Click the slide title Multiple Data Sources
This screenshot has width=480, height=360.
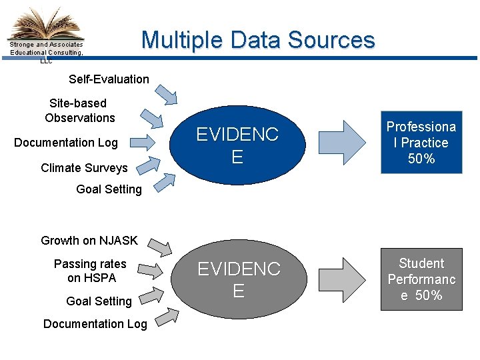tap(258, 40)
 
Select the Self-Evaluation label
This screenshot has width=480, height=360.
tap(109, 79)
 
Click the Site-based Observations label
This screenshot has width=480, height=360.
tap(79, 111)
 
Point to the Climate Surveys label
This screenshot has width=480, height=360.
tap(84, 168)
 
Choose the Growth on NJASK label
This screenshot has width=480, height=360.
tap(89, 241)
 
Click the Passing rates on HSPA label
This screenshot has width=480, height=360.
tap(90, 271)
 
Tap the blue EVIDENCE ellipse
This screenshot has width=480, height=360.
tap(237, 145)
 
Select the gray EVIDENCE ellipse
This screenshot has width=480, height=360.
tap(238, 279)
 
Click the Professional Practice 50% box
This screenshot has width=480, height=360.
tap(421, 143)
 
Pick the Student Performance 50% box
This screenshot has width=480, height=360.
tap(421, 279)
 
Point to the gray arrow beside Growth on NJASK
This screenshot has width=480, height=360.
tap(160, 246)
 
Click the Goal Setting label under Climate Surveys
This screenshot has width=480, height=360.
tap(109, 189)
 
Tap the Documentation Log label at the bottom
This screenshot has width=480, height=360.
tap(95, 324)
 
